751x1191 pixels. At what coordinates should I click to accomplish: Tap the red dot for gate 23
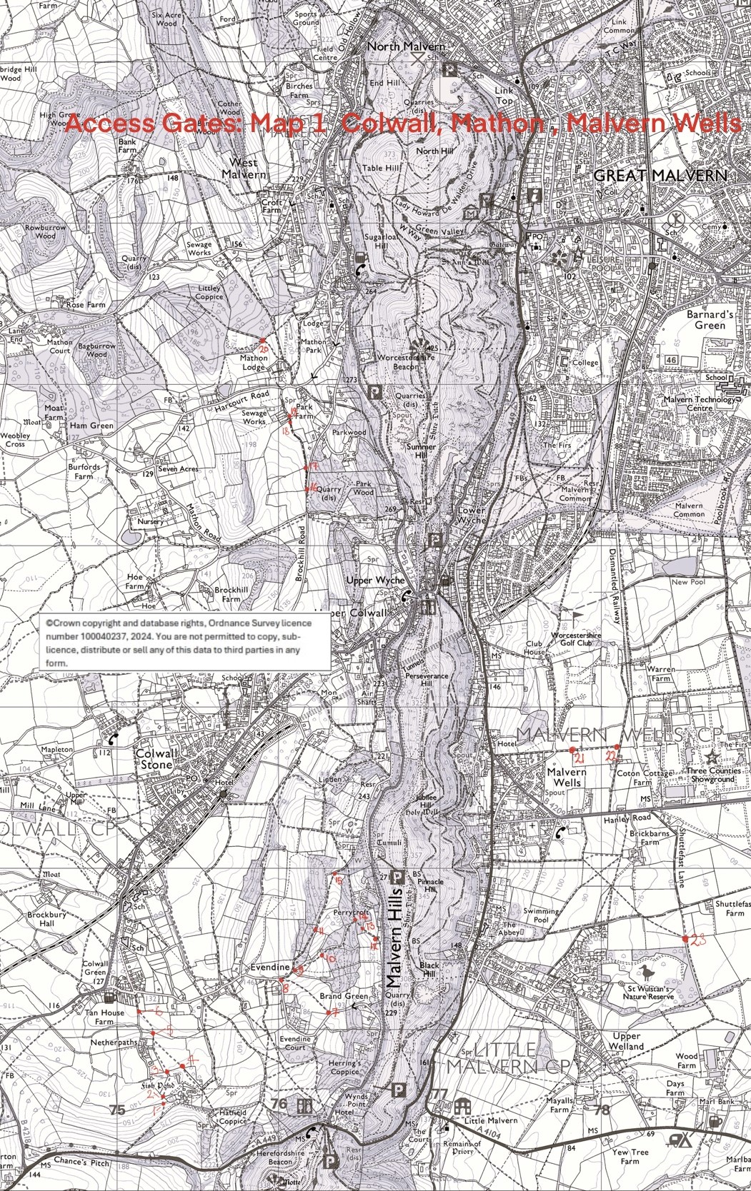coord(685,938)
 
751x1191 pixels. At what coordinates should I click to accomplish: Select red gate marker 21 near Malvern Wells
coord(572,749)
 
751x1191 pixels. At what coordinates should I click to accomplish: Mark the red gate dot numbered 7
coord(328,1012)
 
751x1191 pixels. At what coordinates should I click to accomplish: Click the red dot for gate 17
coord(307,467)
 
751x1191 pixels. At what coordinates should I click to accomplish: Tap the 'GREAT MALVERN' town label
coord(660,176)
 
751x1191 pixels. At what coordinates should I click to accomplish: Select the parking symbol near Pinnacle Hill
coord(398,877)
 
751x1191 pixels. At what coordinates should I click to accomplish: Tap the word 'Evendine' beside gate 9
coord(270,967)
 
